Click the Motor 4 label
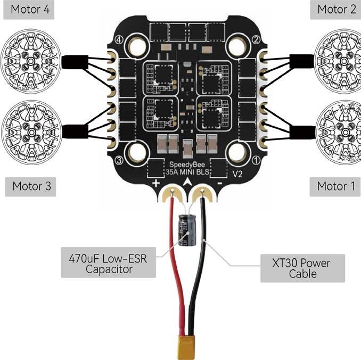(29, 10)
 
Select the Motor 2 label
(335, 10)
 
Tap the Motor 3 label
(30, 186)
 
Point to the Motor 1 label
(335, 186)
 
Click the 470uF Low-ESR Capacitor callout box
(108, 263)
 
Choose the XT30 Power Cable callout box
(302, 268)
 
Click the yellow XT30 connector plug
(186, 347)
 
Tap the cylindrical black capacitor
(187, 231)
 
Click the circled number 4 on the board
(119, 39)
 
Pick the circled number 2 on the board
(256, 39)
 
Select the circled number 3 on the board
(119, 160)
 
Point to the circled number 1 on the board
(256, 160)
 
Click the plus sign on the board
(156, 183)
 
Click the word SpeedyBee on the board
(187, 165)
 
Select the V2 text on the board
(237, 174)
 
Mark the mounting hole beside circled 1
(237, 152)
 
